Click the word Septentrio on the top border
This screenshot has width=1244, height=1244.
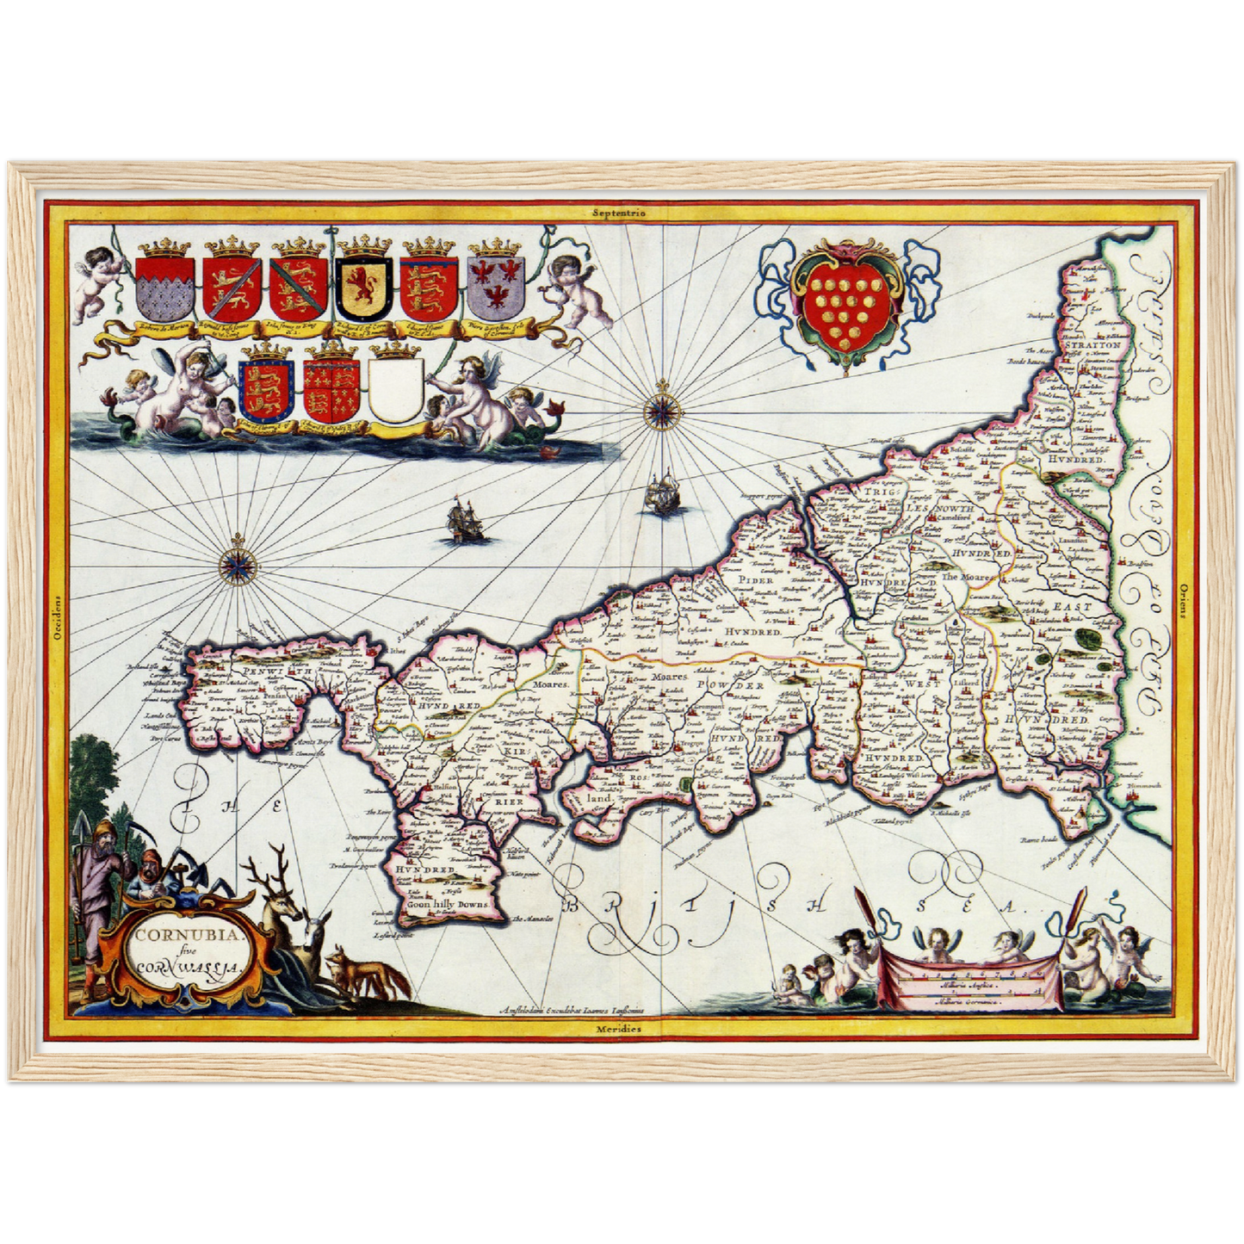[x=619, y=211]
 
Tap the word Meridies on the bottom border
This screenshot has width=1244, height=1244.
[x=618, y=1029]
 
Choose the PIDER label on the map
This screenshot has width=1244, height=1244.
[x=754, y=580]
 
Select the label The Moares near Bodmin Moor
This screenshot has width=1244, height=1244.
[x=962, y=576]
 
